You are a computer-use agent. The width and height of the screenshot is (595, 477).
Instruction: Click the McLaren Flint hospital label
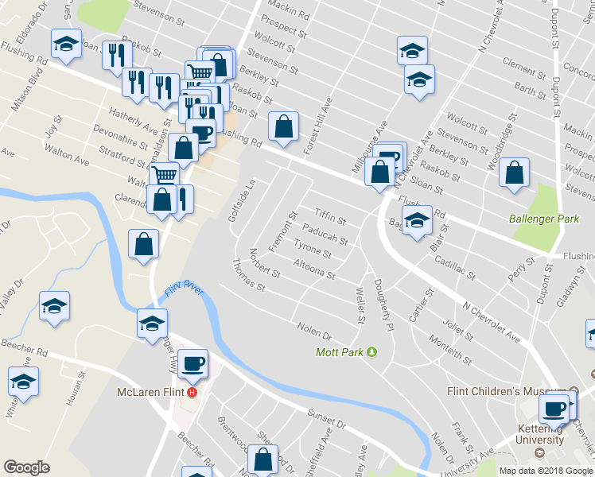[x=150, y=393]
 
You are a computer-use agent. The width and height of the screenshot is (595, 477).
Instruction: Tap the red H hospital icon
[x=192, y=393]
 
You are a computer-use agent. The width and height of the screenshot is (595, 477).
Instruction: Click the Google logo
[x=26, y=467]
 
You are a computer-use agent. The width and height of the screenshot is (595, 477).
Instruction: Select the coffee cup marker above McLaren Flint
[x=192, y=364]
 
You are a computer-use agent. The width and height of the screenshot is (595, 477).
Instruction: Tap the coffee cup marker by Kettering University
[x=554, y=409]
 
